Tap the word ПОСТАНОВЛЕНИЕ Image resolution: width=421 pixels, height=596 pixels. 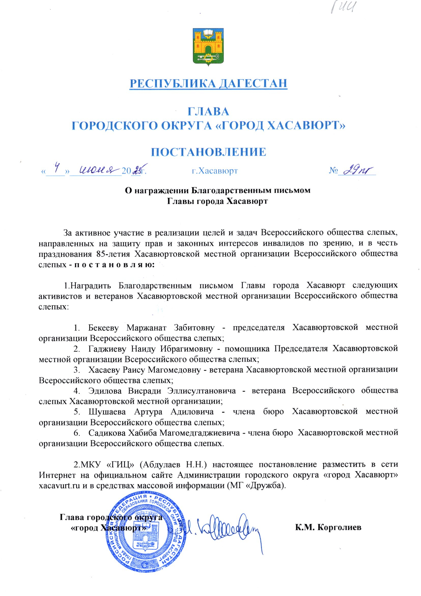pyautogui.click(x=209, y=152)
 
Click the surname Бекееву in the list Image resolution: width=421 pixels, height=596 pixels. pyautogui.click(x=103, y=328)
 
